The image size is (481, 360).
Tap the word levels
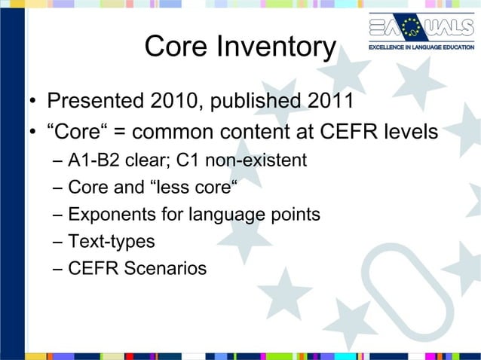(x=409, y=132)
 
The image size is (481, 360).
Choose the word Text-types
(x=111, y=242)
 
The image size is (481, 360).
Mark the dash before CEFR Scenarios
(x=59, y=269)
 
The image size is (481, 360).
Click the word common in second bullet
(x=176, y=133)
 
